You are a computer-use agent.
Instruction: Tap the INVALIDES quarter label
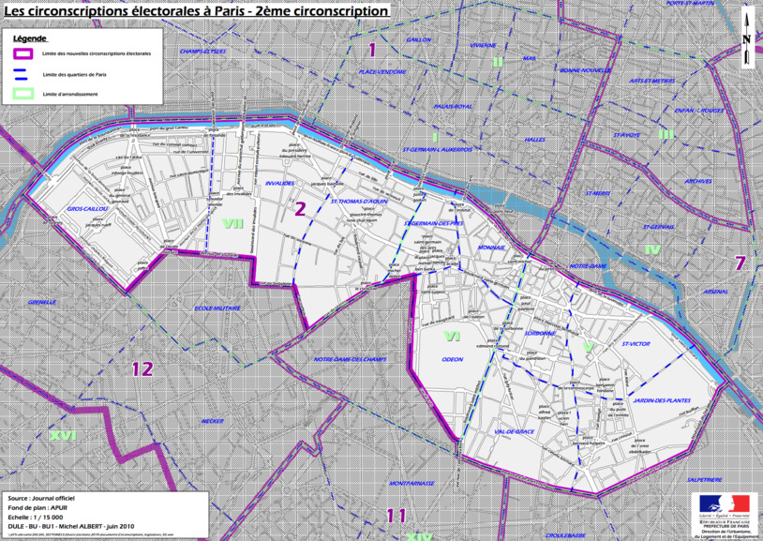point(280,184)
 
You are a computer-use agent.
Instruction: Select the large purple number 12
point(142,368)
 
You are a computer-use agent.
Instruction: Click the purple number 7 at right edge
point(740,263)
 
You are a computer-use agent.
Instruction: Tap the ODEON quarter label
point(452,359)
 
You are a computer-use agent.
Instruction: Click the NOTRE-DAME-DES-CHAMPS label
point(351,359)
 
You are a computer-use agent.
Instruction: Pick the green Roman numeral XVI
point(63,435)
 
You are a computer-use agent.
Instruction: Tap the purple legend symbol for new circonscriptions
point(23,53)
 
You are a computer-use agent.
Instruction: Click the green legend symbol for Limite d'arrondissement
point(23,94)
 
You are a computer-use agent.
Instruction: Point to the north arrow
point(746,38)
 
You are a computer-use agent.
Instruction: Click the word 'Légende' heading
point(29,38)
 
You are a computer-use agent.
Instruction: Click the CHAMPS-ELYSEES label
point(203,52)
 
